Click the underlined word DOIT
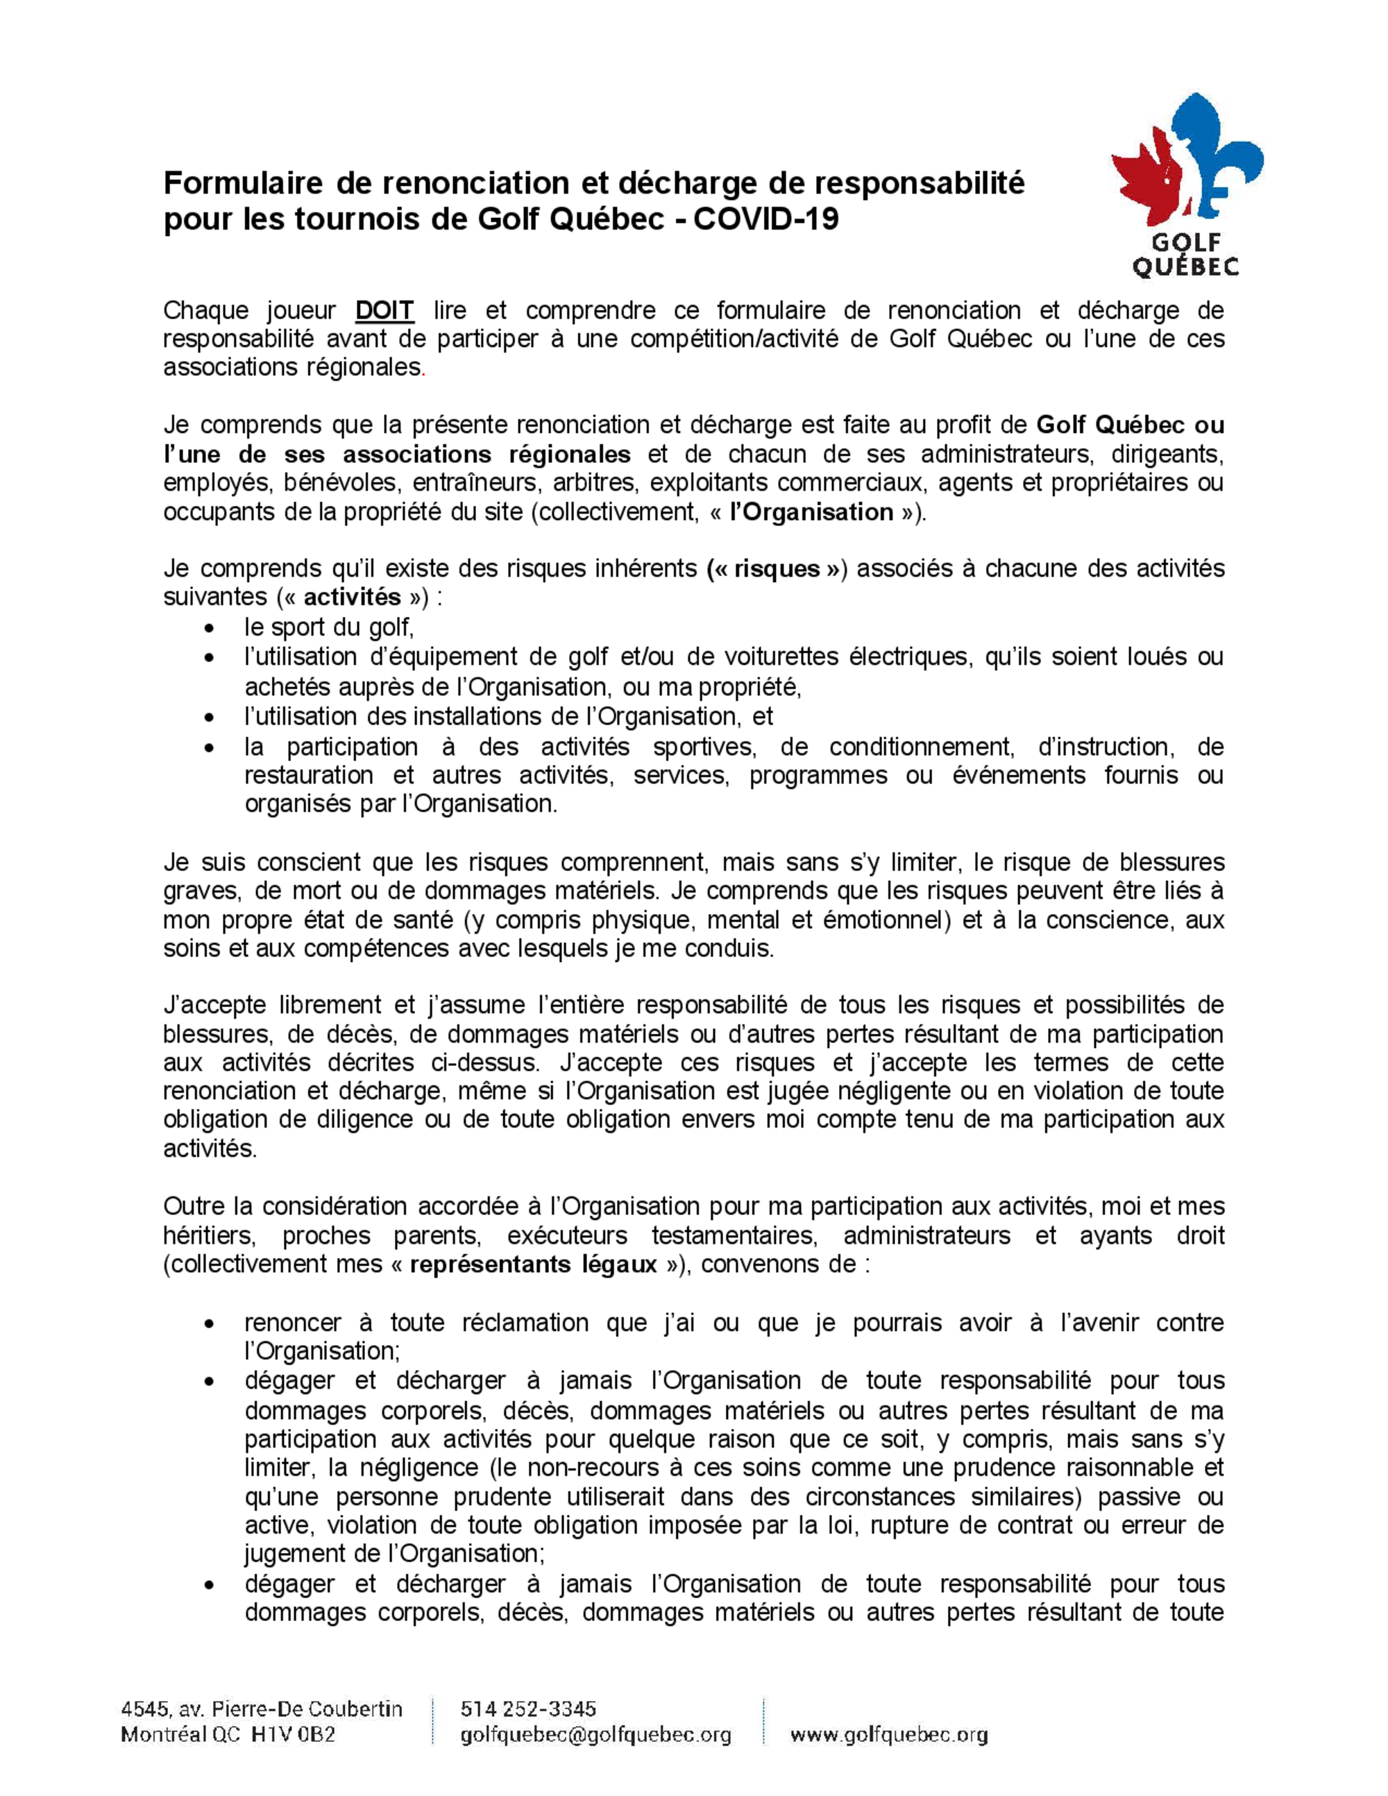(x=384, y=311)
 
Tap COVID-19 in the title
(x=767, y=219)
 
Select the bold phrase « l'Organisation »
(x=810, y=512)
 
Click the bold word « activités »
(x=351, y=597)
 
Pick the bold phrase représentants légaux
(x=533, y=1264)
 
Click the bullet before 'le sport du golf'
(x=212, y=630)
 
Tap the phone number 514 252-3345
(x=529, y=1709)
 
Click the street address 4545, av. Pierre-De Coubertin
(x=262, y=1709)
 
